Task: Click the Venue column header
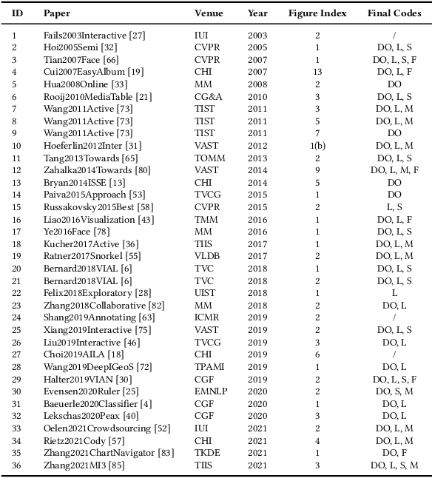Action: (209, 14)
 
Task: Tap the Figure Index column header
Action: (317, 14)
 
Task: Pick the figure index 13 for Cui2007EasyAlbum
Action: (317, 71)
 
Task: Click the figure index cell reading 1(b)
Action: (317, 146)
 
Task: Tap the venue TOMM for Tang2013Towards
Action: (208, 158)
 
